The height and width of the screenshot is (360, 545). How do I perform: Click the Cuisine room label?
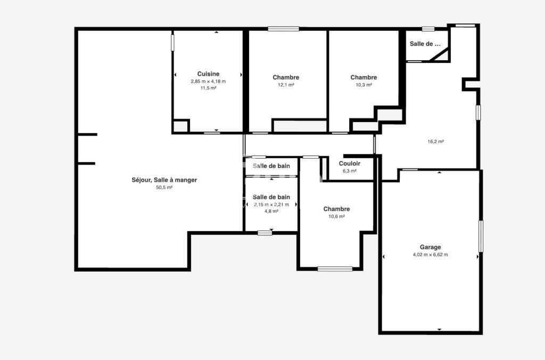[208, 73]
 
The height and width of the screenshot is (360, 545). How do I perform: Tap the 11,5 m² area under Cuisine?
[208, 88]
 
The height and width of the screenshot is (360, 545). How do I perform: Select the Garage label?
[430, 247]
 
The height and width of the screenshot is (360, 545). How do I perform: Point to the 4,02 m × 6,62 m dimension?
[430, 255]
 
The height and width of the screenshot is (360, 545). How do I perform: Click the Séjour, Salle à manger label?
[164, 180]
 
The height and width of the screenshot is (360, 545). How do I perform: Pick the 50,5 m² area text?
[164, 187]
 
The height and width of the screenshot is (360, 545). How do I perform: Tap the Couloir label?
[349, 163]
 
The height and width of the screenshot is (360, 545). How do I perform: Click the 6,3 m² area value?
[349, 171]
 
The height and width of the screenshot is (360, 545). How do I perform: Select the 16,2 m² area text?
[435, 142]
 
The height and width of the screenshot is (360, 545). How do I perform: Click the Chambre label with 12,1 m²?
[286, 77]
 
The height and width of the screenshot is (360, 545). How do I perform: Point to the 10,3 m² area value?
[364, 85]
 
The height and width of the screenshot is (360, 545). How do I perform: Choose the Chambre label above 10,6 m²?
[336, 209]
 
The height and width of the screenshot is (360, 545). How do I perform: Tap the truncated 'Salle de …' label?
[425, 44]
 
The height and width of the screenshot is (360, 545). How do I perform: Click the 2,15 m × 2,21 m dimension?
[271, 204]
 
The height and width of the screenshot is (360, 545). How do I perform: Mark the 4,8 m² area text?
[271, 211]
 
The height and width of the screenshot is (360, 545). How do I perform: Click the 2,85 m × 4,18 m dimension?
[208, 81]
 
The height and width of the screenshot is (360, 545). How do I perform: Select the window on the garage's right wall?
[481, 236]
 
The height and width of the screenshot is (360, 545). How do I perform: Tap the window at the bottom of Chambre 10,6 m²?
[335, 268]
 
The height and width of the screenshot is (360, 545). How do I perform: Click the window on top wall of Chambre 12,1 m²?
[283, 29]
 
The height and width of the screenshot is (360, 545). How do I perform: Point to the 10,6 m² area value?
[336, 217]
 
